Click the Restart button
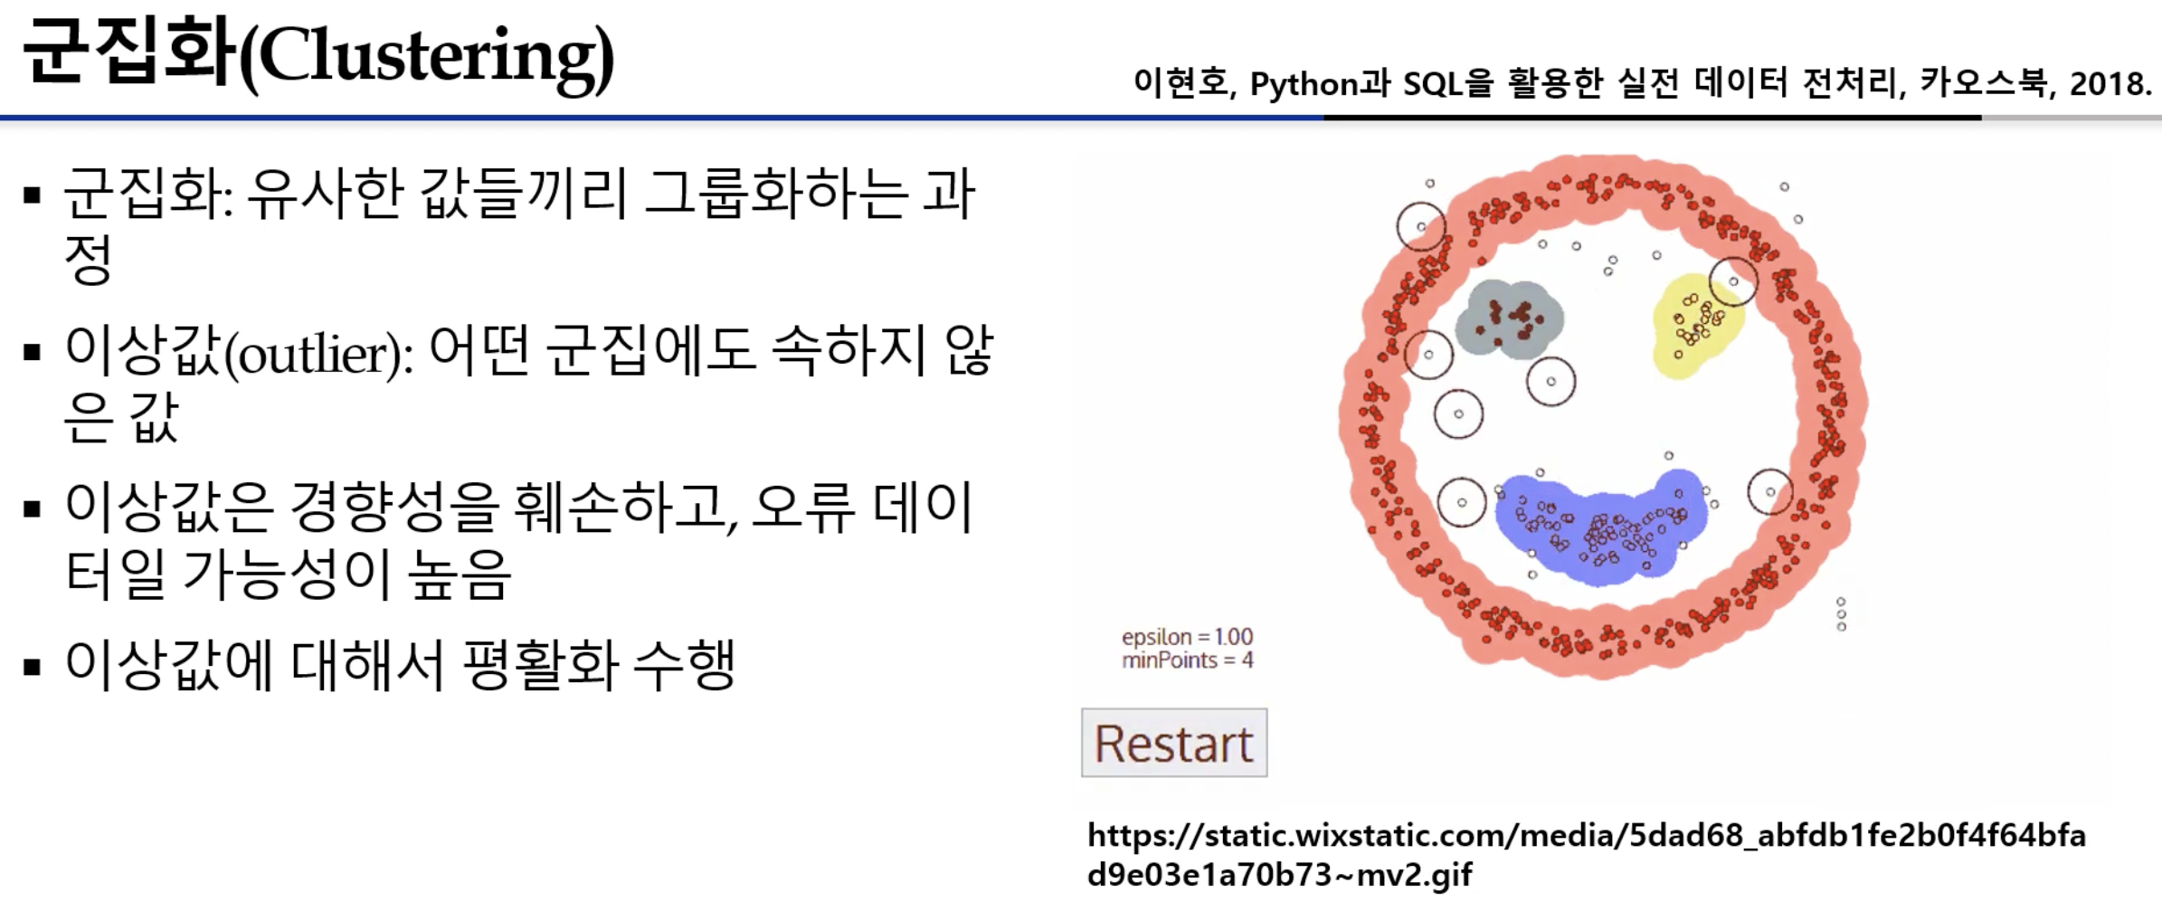1174,743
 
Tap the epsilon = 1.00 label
1187,637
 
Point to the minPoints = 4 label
1187,660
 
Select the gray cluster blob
1509,319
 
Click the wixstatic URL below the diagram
1587,855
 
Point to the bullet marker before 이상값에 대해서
33,669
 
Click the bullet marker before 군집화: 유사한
33,195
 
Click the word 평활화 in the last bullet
540,665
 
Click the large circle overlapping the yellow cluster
1733,280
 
